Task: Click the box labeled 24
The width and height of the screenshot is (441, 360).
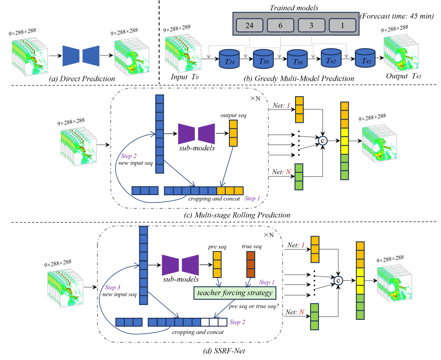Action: tap(250, 26)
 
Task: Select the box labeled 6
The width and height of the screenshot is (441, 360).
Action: tap(280, 26)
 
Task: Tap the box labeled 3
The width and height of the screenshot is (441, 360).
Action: tap(311, 26)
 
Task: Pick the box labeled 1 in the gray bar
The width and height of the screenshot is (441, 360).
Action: tap(342, 26)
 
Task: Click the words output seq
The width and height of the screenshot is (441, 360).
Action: tap(233, 116)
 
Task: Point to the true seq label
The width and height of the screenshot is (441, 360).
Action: tap(251, 247)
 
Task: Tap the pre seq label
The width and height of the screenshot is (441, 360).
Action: tap(218, 247)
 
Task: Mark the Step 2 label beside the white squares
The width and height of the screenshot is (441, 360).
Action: tap(237, 322)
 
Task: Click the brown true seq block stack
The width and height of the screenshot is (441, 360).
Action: tap(251, 264)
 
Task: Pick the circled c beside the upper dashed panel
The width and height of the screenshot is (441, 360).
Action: tap(323, 141)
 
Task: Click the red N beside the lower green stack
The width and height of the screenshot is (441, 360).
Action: tap(302, 312)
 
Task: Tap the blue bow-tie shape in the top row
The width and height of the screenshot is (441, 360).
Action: tap(81, 54)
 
